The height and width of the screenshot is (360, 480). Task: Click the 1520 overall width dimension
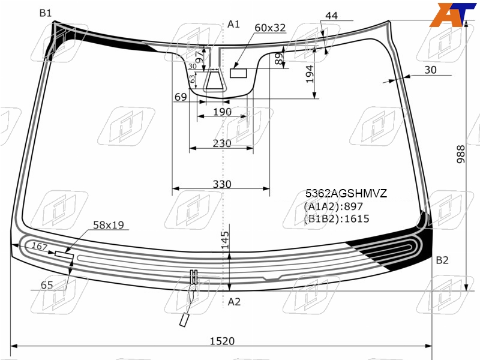tap(222, 341)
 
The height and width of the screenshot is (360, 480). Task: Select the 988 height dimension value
tap(461, 154)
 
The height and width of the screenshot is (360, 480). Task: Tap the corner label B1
tap(46, 13)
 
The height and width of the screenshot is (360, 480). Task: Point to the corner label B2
tap(442, 260)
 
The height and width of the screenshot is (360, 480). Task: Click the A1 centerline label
tap(233, 24)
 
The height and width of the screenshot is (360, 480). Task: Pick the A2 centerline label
tap(234, 302)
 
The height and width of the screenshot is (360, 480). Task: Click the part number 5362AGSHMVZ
tap(346, 193)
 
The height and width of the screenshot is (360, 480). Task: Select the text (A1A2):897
tap(334, 206)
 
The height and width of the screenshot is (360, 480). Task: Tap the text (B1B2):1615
tap(337, 218)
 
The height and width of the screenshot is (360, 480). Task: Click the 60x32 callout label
tap(270, 28)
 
